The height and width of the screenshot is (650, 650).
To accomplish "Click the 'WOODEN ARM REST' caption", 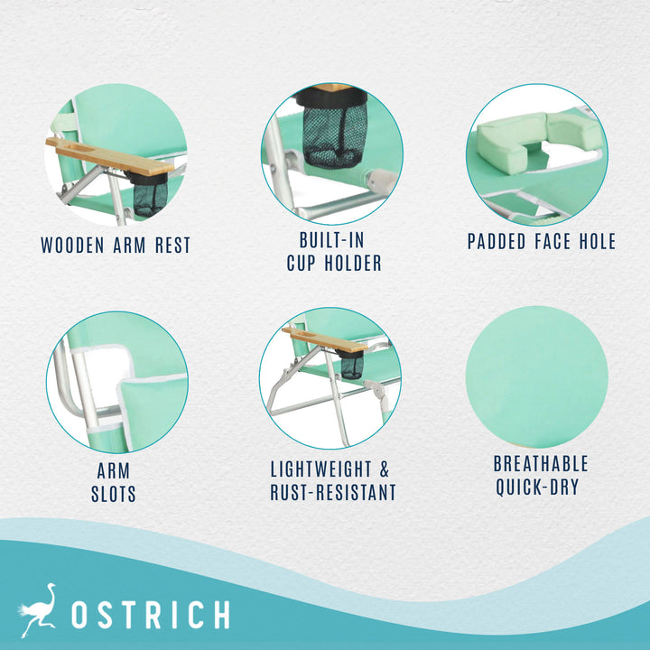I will [x=116, y=245].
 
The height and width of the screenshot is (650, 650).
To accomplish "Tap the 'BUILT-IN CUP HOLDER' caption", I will [x=333, y=252].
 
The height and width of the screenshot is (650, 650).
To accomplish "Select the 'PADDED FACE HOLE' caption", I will [x=542, y=241].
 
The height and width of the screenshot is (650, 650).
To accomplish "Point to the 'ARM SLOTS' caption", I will [x=113, y=483].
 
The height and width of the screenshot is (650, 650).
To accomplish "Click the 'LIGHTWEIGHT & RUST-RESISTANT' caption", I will [x=333, y=481].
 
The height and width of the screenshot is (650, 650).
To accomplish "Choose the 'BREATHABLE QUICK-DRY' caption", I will [x=541, y=476].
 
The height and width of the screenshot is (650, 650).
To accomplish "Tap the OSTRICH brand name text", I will [x=150, y=615].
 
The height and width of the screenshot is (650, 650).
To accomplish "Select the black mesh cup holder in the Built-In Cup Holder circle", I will [x=335, y=133].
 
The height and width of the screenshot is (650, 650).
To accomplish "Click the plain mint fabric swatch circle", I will [x=536, y=377].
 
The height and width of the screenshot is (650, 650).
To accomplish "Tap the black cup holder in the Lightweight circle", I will [x=351, y=364].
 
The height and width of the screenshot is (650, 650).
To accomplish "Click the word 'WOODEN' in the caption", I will [x=74, y=245].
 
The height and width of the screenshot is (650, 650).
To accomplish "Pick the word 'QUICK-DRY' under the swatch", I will [x=541, y=487].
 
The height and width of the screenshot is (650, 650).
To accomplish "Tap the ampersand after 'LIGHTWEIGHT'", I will [x=384, y=469].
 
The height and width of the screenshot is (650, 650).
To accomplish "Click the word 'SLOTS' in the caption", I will [x=113, y=495].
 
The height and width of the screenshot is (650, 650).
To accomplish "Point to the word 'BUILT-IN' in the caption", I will [x=333, y=240].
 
